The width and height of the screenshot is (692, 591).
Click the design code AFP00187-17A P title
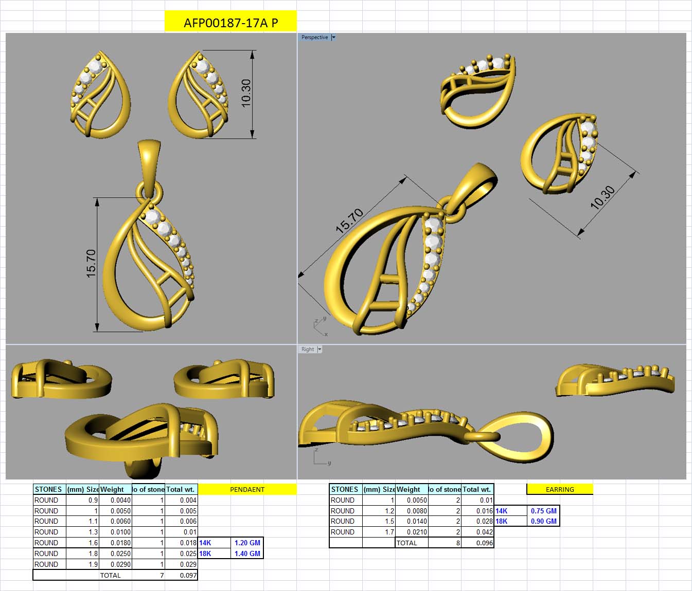(x=230, y=23)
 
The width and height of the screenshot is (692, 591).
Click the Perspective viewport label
(x=314, y=38)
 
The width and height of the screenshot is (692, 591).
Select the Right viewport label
(x=308, y=349)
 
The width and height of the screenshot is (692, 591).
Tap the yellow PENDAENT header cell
(x=247, y=489)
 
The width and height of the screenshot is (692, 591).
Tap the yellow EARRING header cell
(x=560, y=489)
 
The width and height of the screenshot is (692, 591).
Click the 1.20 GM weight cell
(x=247, y=543)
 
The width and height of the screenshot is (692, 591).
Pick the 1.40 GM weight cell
(x=247, y=553)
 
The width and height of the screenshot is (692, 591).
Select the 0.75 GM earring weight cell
(x=543, y=511)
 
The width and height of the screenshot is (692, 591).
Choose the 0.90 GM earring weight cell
(x=543, y=521)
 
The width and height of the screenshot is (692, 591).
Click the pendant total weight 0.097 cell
(x=188, y=575)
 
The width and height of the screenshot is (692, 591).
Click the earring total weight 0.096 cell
(x=484, y=543)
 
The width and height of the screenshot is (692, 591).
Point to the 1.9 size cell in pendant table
(x=93, y=564)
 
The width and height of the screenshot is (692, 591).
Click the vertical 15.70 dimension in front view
(x=91, y=264)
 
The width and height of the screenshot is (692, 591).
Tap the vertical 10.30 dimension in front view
(x=246, y=93)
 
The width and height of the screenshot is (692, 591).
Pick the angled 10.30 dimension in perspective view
(x=602, y=197)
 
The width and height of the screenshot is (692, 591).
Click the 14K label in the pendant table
(x=205, y=543)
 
